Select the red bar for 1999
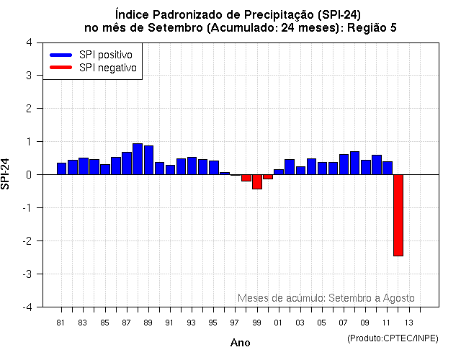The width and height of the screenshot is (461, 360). (x=257, y=181)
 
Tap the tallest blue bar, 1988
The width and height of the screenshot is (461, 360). (x=138, y=159)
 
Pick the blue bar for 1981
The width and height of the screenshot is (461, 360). (x=61, y=168)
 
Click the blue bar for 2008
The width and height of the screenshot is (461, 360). (x=354, y=163)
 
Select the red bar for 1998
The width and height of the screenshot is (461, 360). (x=246, y=178)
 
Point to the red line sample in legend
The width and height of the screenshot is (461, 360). (x=61, y=68)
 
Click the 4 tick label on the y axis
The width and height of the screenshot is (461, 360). (x=28, y=42)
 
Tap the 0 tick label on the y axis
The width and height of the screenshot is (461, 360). (x=28, y=174)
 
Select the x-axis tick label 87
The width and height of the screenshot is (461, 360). (x=126, y=322)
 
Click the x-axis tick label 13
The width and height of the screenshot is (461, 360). (x=408, y=322)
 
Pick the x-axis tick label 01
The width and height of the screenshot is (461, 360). (x=278, y=322)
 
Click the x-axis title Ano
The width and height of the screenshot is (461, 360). (x=240, y=343)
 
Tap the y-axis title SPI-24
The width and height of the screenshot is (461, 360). (x=6, y=174)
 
